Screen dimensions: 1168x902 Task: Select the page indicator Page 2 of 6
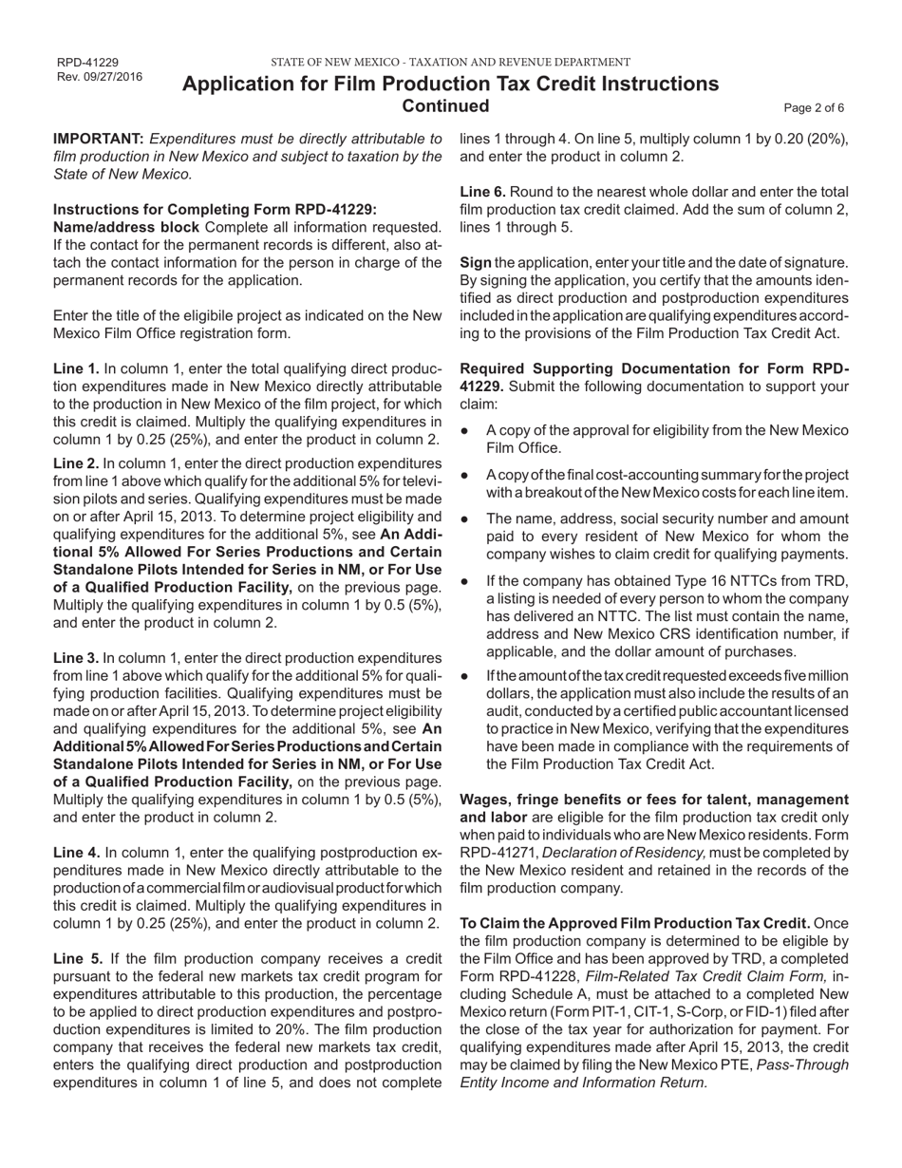[x=814, y=108]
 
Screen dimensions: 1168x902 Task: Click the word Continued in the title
[x=446, y=105]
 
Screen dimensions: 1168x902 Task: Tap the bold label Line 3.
[x=76, y=657]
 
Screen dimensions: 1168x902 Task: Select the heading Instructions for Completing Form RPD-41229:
[x=215, y=209]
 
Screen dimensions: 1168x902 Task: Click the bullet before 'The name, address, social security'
[x=464, y=519]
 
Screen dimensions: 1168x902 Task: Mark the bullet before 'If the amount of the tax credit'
[x=464, y=676]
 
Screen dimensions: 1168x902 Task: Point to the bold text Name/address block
[x=126, y=227]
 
